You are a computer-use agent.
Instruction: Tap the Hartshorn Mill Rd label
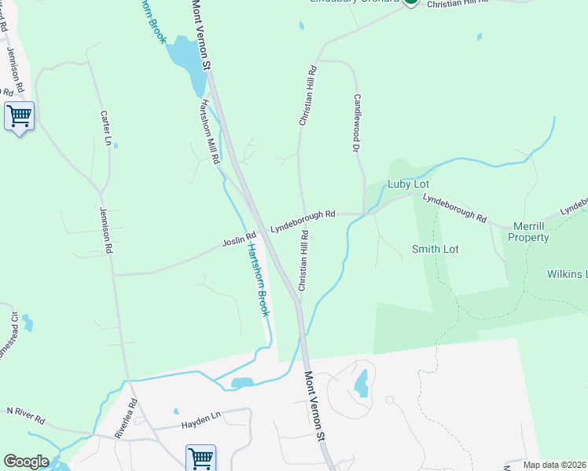pos(209,131)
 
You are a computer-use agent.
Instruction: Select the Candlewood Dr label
pos(357,122)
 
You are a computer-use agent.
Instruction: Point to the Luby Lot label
pos(408,184)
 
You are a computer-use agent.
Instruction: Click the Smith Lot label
pos(435,249)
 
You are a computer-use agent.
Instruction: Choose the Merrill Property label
pos(528,231)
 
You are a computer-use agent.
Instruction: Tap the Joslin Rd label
pos(240,237)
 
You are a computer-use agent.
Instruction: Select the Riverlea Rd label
pos(126,417)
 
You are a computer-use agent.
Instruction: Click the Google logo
pos(26,462)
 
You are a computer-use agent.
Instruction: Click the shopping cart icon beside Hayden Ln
pos(200,458)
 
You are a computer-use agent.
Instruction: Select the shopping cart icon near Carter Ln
pos(19,116)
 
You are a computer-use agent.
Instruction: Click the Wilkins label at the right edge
pos(567,274)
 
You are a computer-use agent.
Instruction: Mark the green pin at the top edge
pos(410,2)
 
